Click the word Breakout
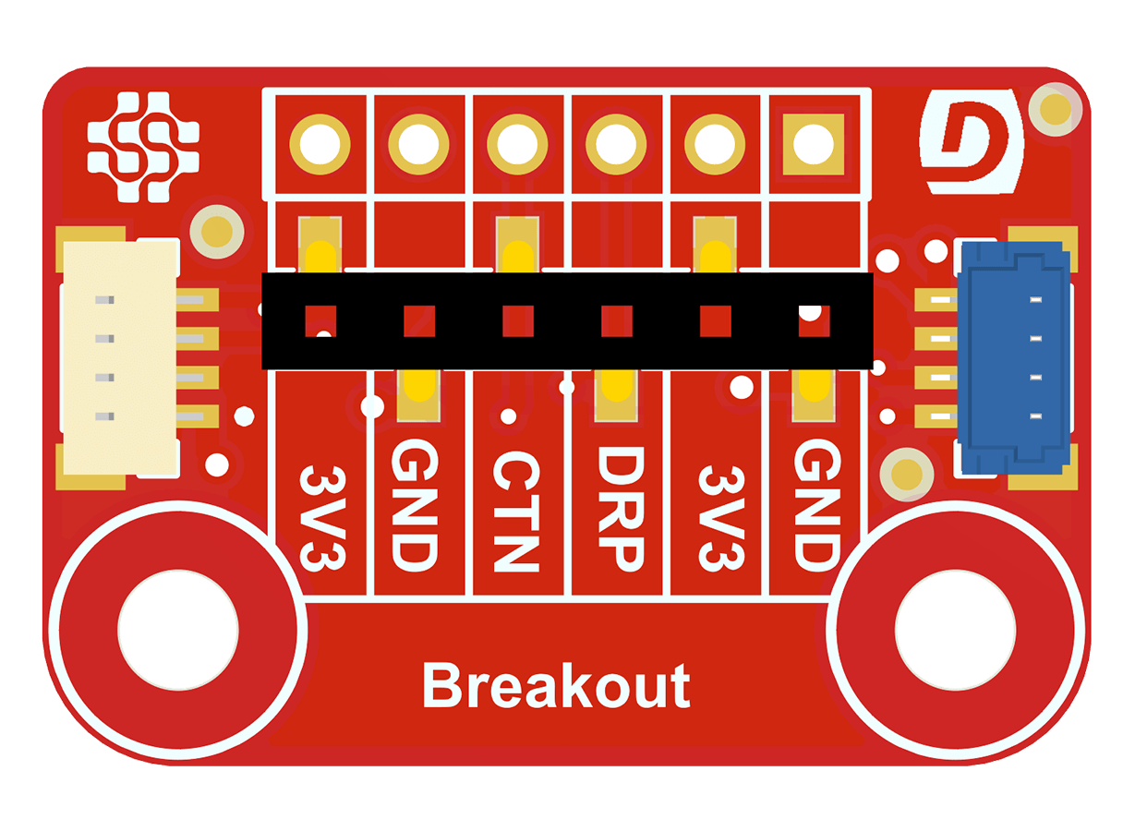click(x=556, y=686)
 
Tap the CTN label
click(x=514, y=511)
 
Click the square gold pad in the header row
click(x=814, y=144)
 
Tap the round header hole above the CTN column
click(x=517, y=144)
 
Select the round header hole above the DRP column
click(x=616, y=144)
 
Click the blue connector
click(x=1014, y=355)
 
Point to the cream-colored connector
click(x=120, y=358)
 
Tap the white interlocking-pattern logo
click(x=143, y=146)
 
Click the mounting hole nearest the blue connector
click(x=955, y=630)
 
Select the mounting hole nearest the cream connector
click(x=177, y=630)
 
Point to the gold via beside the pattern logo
click(x=217, y=232)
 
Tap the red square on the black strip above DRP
click(x=616, y=321)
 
